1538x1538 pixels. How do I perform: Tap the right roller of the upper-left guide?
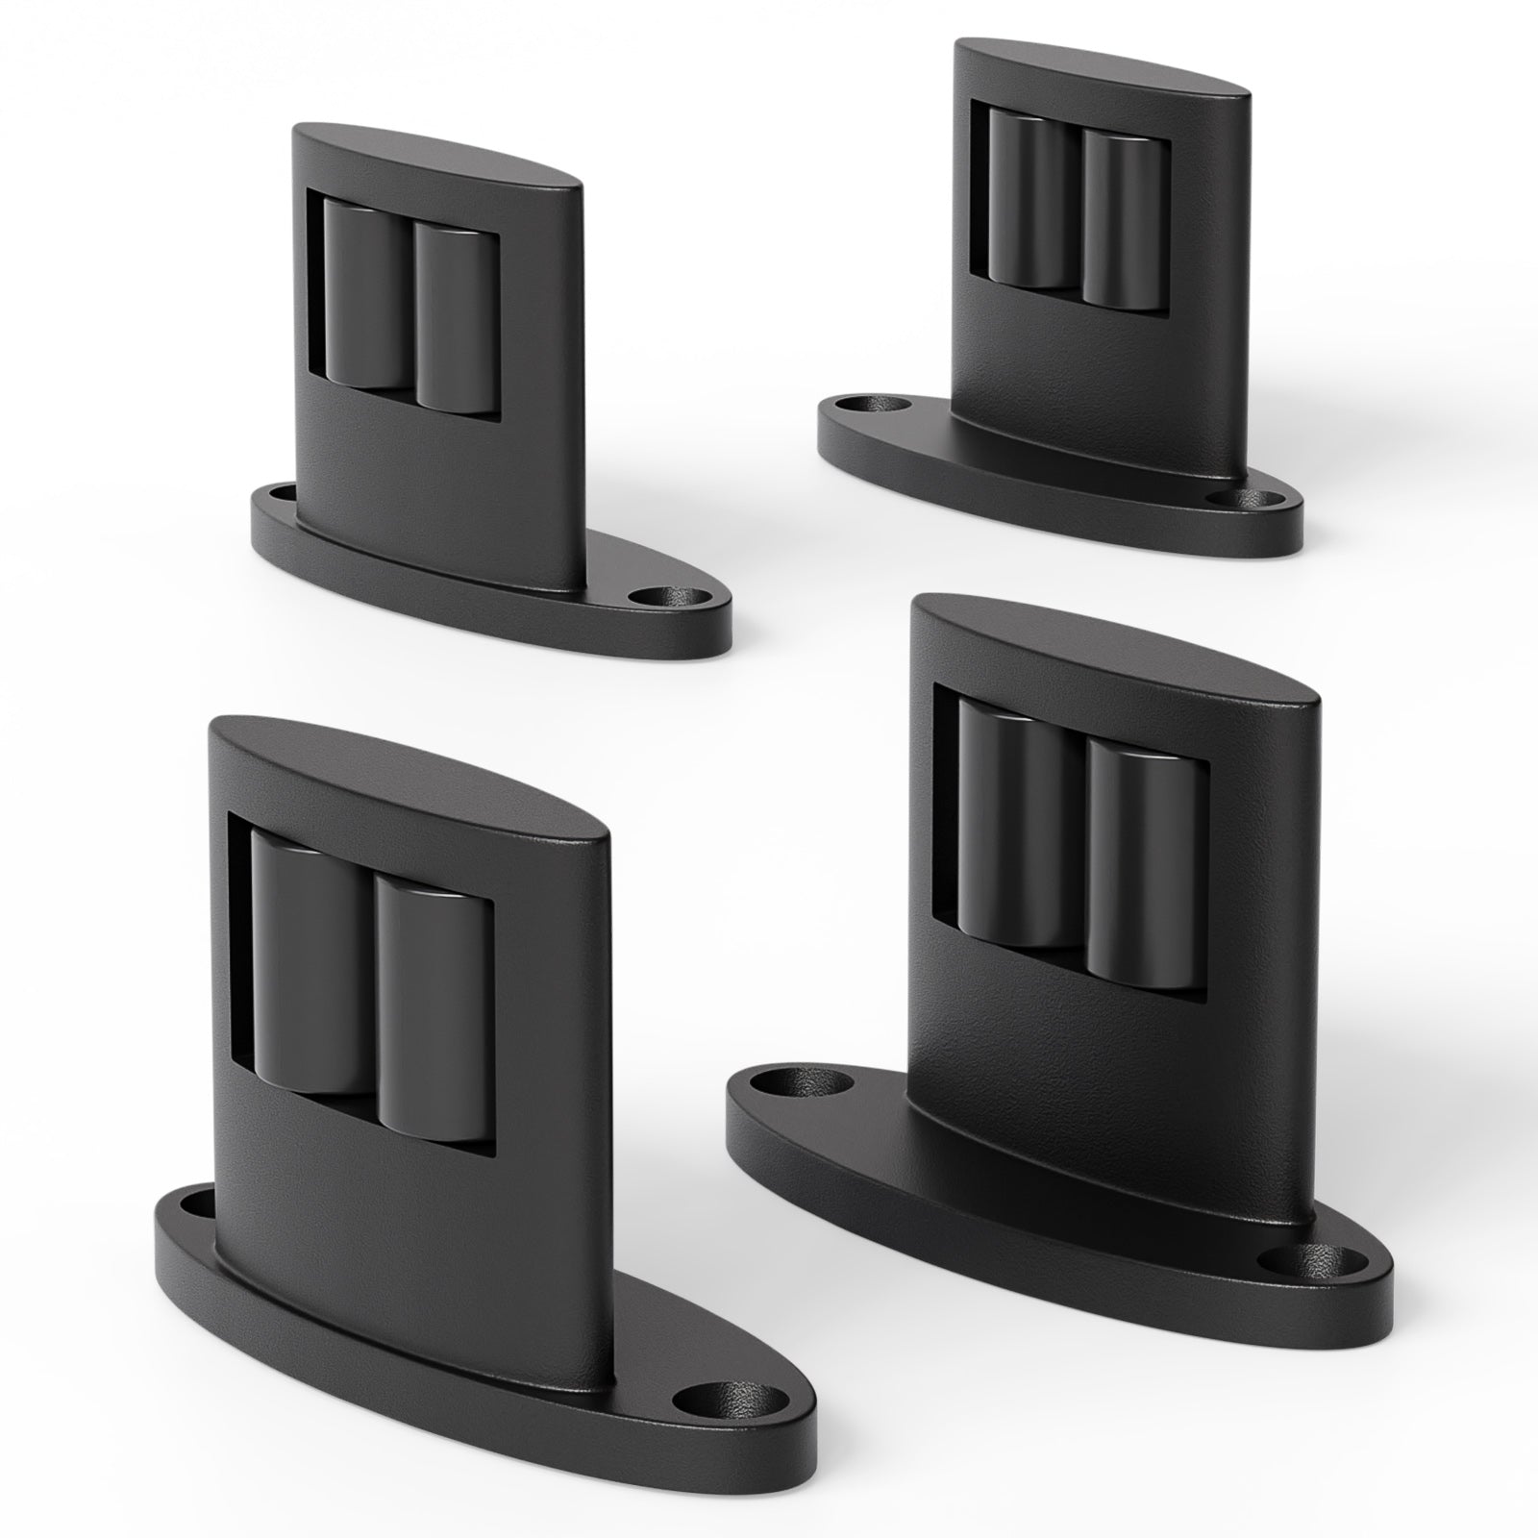click(x=453, y=313)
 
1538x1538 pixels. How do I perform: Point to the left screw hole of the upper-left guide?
click(x=282, y=493)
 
